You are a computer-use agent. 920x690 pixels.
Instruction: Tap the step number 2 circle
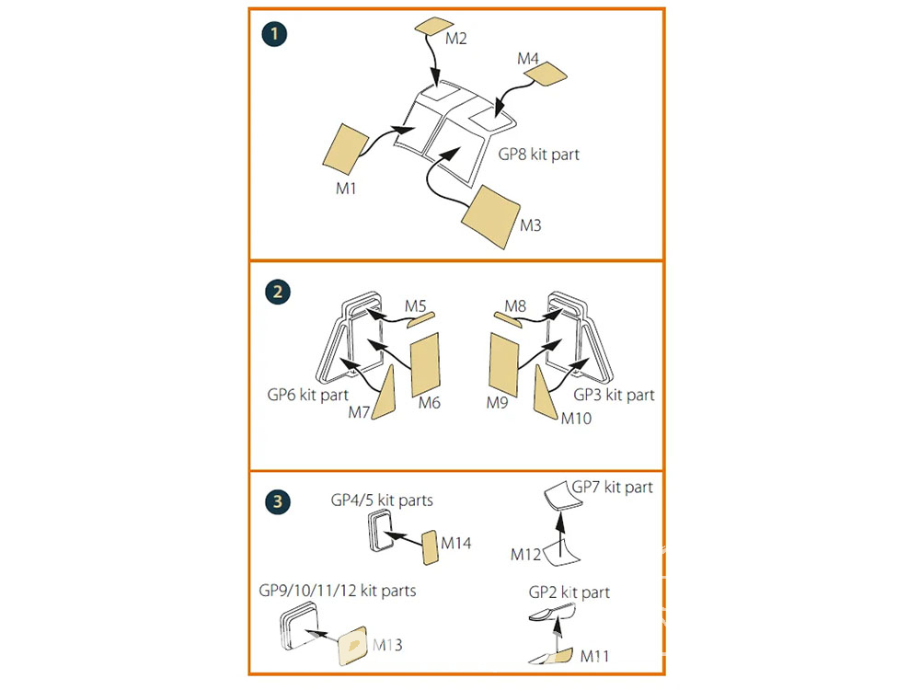[274, 292]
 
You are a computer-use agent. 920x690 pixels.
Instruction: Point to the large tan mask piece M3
[489, 217]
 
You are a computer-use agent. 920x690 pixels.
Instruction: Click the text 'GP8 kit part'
[539, 155]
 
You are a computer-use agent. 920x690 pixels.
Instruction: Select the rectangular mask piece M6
[425, 362]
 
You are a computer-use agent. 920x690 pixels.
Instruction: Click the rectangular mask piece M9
[505, 363]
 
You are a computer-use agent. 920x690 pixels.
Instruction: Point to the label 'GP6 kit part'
[308, 395]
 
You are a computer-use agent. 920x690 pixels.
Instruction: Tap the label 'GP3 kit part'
[614, 395]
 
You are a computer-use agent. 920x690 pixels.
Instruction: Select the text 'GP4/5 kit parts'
[382, 501]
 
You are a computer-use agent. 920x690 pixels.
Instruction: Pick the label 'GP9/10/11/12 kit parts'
[338, 590]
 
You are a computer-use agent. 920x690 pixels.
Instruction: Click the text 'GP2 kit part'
[569, 592]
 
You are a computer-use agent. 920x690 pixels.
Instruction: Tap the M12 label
[525, 554]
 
